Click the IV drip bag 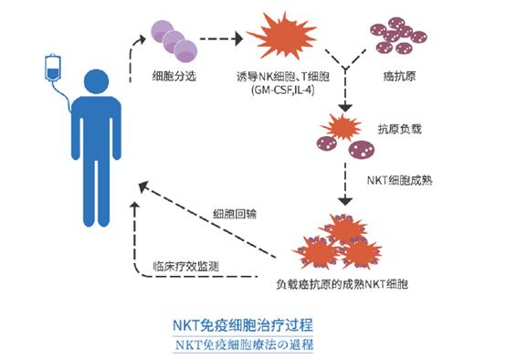pos(52,69)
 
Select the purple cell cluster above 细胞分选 pos(174,41)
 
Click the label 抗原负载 pos(396,132)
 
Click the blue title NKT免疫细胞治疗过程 pos(253,323)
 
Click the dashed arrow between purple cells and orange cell pos(222,40)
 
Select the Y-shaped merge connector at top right pos(346,70)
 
